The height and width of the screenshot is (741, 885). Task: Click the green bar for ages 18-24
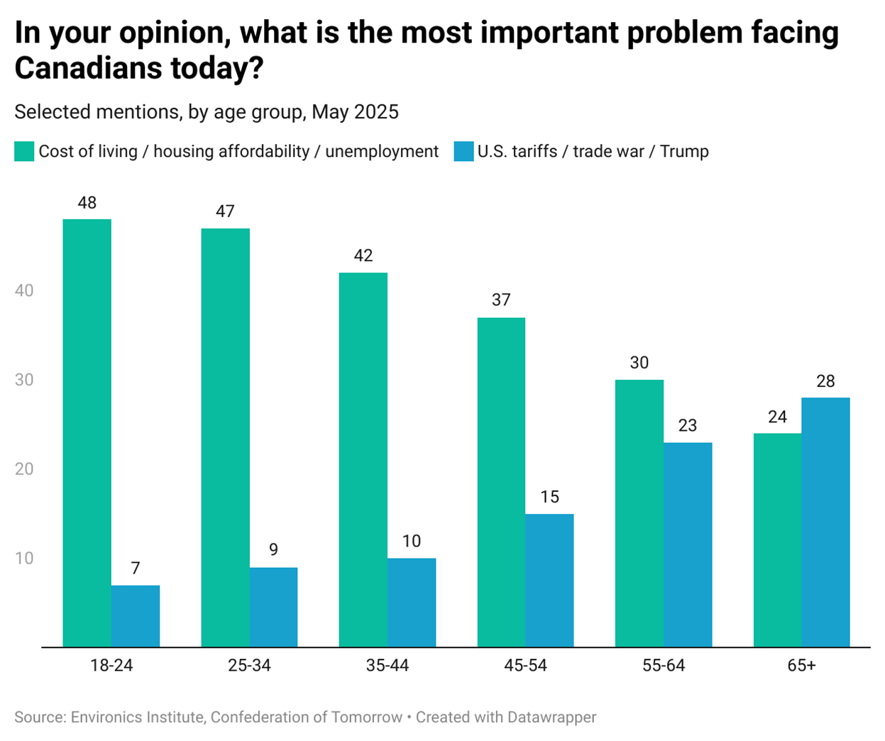(87, 433)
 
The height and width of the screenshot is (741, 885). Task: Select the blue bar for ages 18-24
(136, 616)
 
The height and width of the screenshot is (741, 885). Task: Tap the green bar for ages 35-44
(363, 460)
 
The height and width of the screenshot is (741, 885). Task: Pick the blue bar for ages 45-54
(549, 581)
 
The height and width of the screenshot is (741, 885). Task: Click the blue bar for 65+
(825, 522)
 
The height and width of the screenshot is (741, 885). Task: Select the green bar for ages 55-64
(639, 513)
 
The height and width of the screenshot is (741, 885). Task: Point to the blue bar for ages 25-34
(273, 607)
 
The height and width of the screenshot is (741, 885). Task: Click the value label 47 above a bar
(225, 212)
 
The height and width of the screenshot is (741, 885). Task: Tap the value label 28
(825, 381)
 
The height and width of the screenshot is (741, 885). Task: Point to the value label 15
(549, 497)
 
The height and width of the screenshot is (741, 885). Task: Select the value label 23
(687, 425)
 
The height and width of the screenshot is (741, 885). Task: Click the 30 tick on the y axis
(24, 380)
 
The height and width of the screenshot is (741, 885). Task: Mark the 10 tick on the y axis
(24, 558)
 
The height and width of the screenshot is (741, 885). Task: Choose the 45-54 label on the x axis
(525, 666)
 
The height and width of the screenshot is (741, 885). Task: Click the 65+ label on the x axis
(801, 666)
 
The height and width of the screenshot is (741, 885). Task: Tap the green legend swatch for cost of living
(24, 151)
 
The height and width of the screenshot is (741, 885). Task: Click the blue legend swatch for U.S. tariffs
(463, 151)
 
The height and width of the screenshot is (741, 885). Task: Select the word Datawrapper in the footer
(551, 717)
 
